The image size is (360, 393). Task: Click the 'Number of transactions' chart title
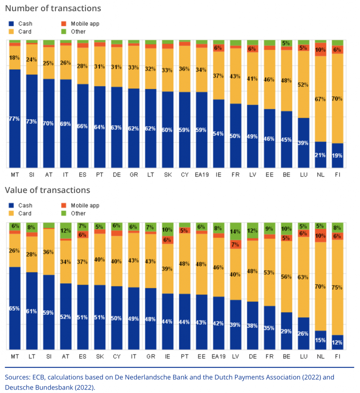[x=53, y=8]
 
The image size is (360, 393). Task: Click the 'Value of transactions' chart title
[x=47, y=190]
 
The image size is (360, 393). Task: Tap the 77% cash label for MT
[x=15, y=119]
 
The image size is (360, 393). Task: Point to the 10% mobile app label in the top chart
[x=321, y=50]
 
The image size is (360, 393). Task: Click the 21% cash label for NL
[x=321, y=155]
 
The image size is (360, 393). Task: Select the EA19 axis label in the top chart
[x=201, y=175]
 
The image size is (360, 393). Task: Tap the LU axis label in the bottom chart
[x=304, y=357]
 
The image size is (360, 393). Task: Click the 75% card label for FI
[x=337, y=287]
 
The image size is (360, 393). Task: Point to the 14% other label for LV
[x=235, y=231]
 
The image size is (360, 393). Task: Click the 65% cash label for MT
[x=15, y=308]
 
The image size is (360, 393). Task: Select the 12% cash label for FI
[x=337, y=342]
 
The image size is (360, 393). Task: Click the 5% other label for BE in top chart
[x=286, y=43]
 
